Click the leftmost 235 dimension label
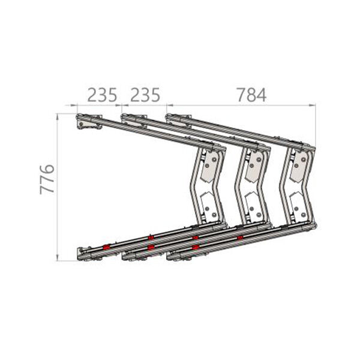102,95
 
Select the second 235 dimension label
145,95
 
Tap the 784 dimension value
251,95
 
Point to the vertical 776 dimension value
47,179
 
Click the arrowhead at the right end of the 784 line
313,105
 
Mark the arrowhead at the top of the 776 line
57,116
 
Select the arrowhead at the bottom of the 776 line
57,257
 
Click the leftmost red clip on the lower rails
106,247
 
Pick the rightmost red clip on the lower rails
240,238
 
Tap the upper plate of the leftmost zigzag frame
210,167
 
